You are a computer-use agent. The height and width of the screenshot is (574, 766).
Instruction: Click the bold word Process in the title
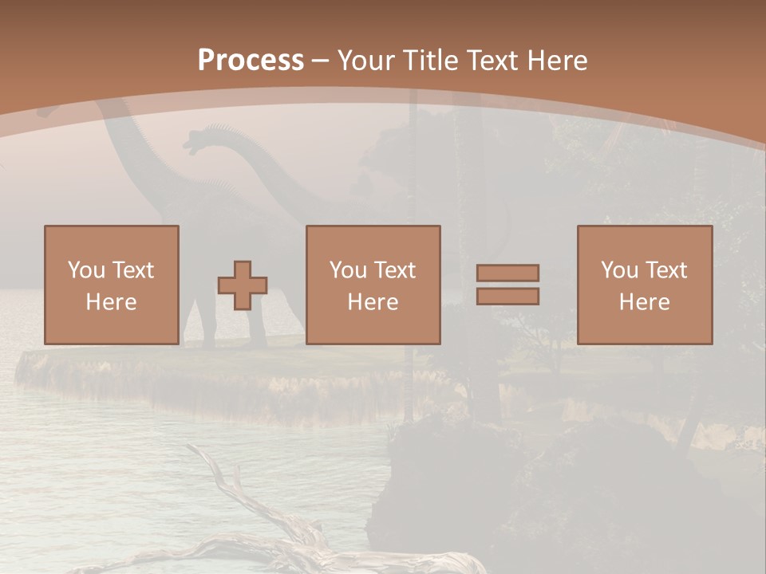pos(251,61)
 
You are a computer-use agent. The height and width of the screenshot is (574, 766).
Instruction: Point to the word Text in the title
pos(496,61)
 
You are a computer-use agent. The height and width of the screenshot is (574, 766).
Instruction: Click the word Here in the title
pos(559,61)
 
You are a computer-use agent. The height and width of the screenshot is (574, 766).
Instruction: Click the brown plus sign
pos(243,285)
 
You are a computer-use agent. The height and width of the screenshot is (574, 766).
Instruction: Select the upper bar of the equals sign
pos(507,273)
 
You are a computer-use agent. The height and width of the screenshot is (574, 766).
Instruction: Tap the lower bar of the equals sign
pos(507,296)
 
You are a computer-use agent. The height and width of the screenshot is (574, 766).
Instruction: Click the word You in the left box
pos(86,270)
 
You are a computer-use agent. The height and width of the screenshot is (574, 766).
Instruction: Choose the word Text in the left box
pos(132,270)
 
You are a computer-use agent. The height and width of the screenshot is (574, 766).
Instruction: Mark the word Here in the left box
pos(111,302)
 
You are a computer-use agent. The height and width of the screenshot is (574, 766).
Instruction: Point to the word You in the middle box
pos(348,270)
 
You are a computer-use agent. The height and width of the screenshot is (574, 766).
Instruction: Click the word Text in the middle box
pos(394,270)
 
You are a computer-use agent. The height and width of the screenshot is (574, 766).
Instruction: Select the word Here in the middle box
pos(373,302)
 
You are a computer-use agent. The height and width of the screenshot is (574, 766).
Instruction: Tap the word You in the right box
pos(619,270)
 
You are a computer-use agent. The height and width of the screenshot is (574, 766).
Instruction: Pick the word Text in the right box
pos(665,270)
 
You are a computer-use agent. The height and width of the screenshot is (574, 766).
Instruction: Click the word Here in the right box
pos(644,302)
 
